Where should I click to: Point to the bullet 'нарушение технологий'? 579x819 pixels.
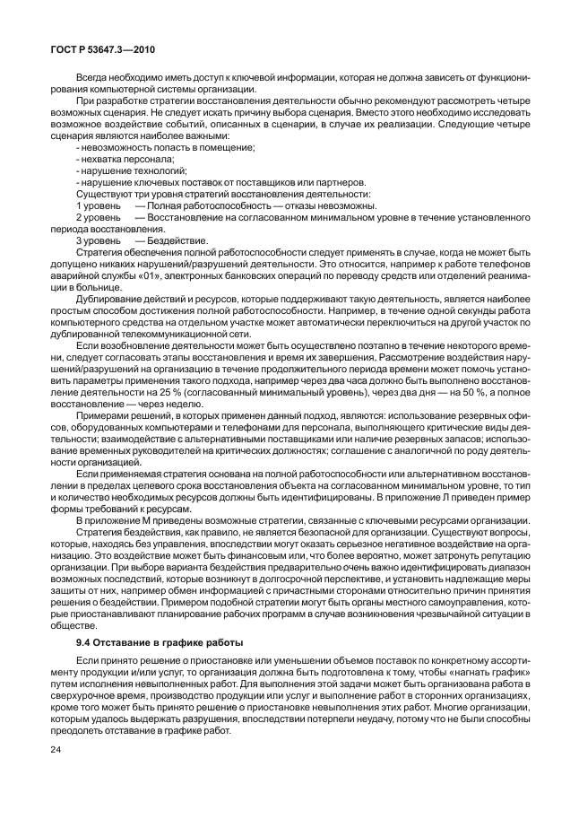[x=118, y=170]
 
